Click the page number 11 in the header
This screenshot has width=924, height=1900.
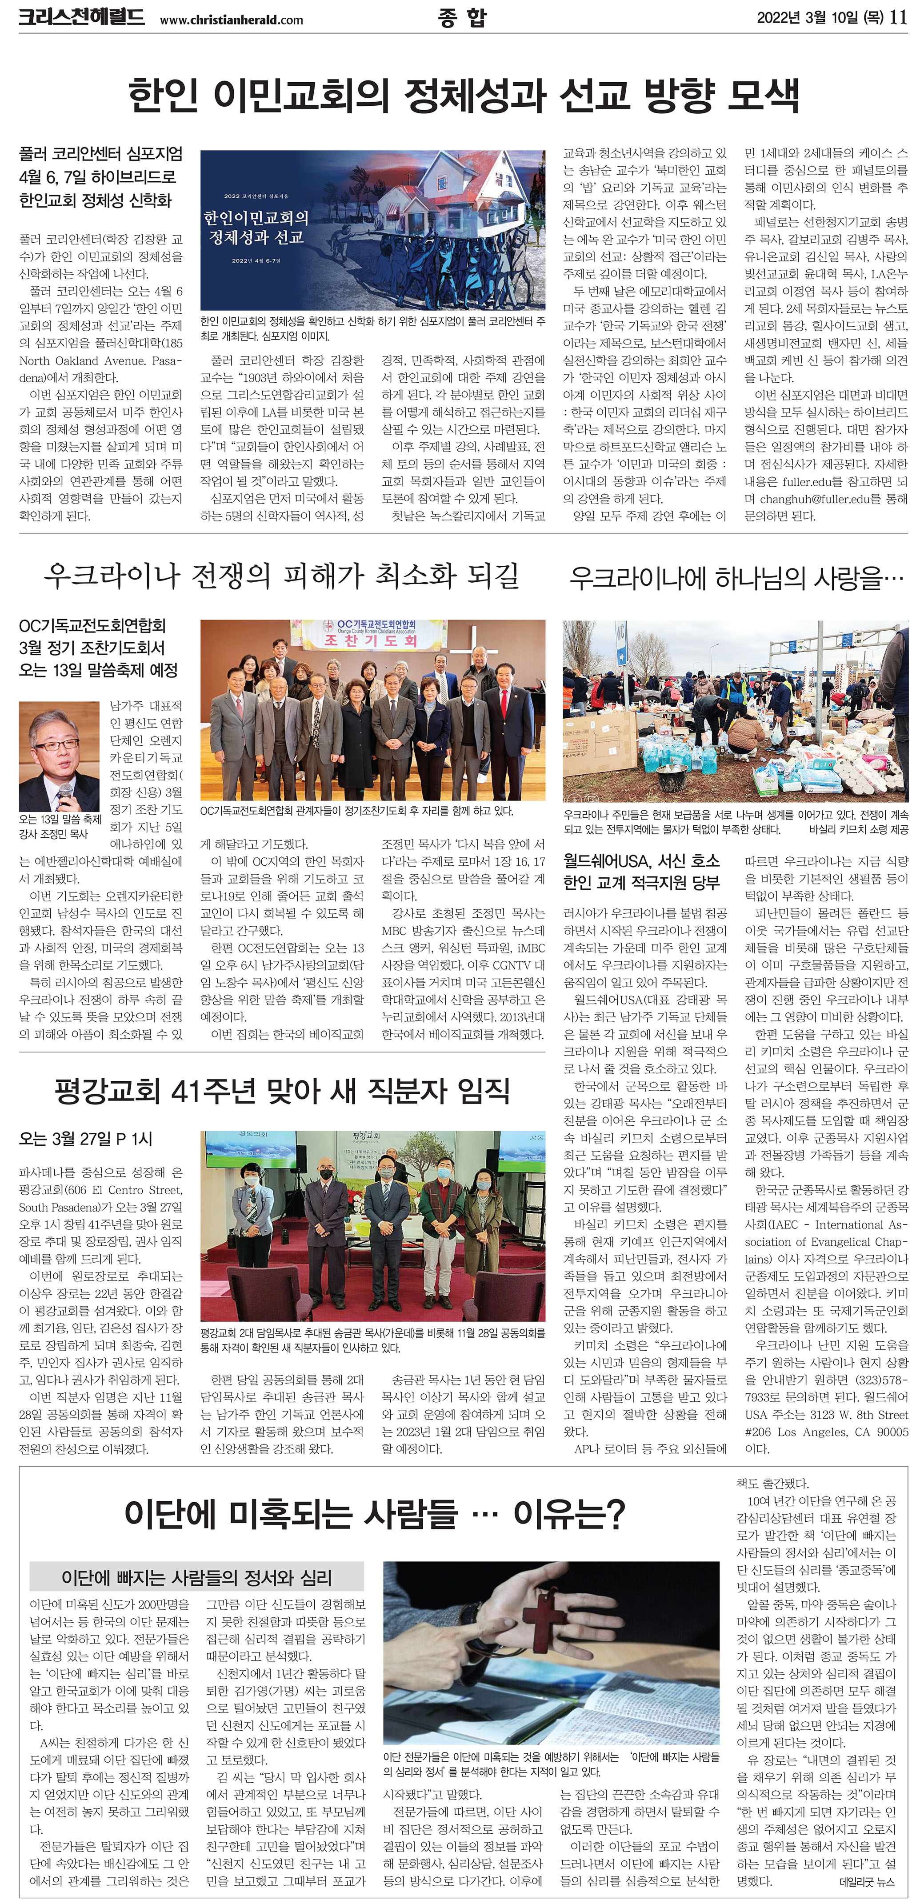(898, 17)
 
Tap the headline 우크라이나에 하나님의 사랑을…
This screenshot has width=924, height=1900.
(736, 577)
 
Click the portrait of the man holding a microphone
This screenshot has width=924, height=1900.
(59, 756)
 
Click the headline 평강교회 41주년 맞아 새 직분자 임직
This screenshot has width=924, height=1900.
(282, 1091)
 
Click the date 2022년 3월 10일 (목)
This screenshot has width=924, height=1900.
(820, 17)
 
